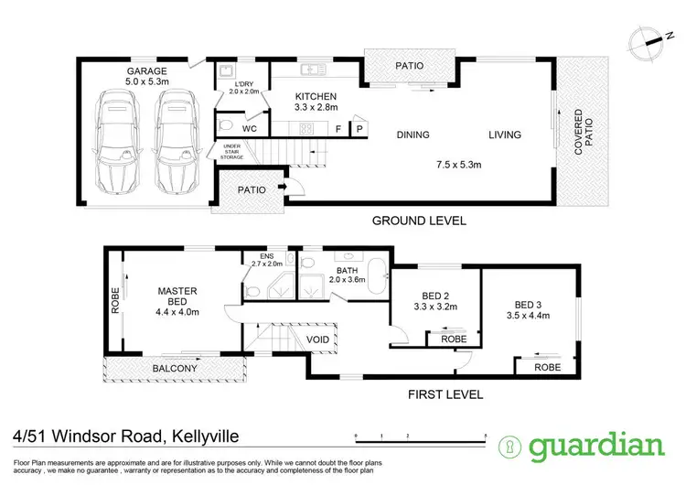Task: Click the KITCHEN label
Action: (x=316, y=96)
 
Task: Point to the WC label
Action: (x=250, y=129)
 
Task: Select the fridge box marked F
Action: (x=339, y=130)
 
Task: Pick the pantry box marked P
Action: (x=359, y=130)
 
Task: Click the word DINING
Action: (x=413, y=135)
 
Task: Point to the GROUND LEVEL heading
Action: (x=419, y=221)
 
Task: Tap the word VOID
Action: (x=318, y=339)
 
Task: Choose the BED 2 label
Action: (x=435, y=296)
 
